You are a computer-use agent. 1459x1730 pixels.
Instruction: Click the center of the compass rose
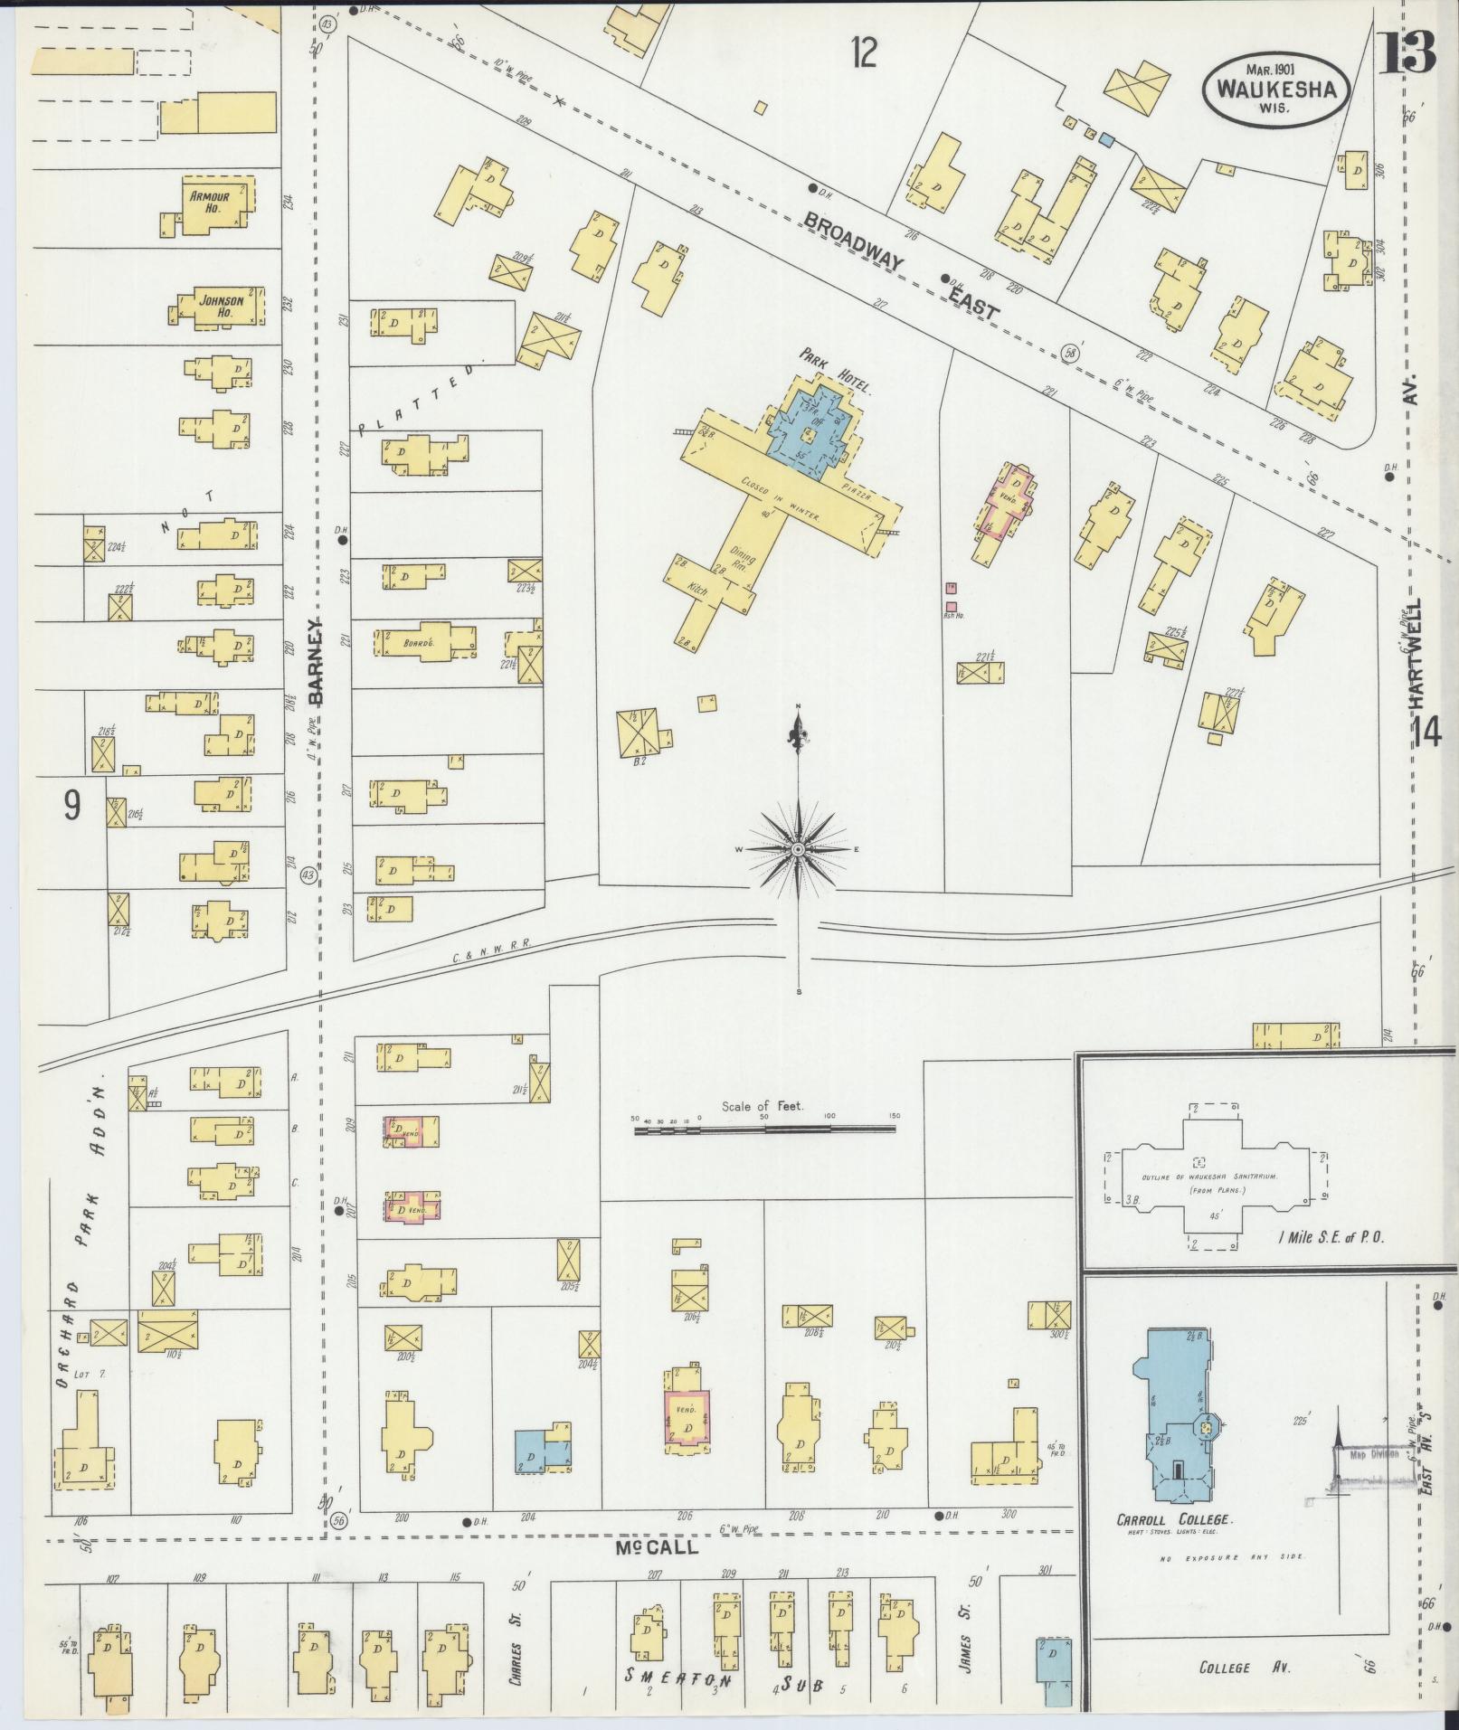tap(799, 850)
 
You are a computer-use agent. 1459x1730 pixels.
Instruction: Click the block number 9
tap(71, 806)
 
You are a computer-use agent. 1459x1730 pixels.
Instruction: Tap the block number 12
tap(863, 54)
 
